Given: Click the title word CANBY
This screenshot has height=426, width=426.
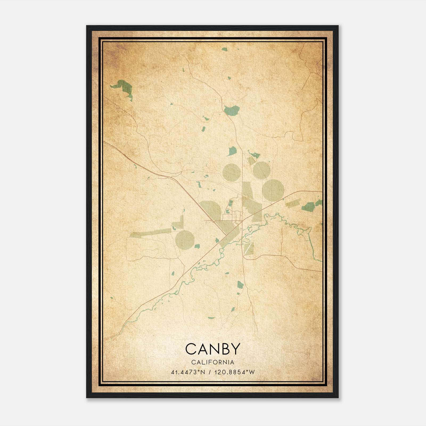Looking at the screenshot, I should [x=213, y=349].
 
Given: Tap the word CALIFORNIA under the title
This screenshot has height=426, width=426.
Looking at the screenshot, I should [x=213, y=362].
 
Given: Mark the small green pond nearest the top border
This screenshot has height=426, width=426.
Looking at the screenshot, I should [x=224, y=49].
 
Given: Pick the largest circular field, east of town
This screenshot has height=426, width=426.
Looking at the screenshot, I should [x=273, y=190].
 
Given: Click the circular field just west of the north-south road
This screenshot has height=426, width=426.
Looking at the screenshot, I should [x=232, y=172].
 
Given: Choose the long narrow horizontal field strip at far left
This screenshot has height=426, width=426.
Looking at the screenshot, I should [x=150, y=232].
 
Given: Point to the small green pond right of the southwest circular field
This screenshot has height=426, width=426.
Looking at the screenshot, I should [x=197, y=246].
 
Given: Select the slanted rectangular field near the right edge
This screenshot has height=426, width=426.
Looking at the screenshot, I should [x=293, y=203].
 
